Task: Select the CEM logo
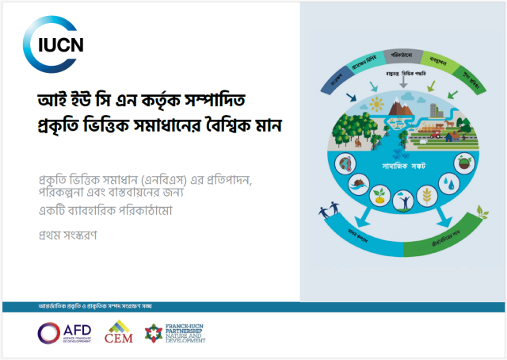(119, 332)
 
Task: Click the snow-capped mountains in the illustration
(408, 100)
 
